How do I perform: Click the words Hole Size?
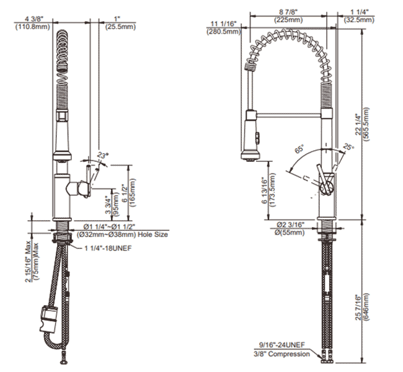coord(153,235)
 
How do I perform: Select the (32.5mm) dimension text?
coord(359,19)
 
